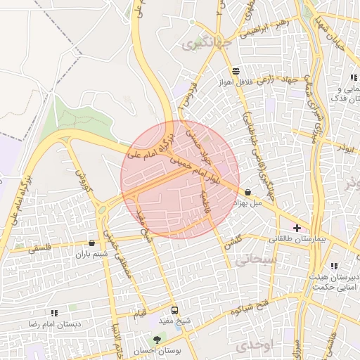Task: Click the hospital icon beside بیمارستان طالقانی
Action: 297,228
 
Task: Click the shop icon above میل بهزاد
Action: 248,192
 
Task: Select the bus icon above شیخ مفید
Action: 174,310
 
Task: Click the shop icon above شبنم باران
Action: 91,243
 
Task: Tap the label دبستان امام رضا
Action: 54,324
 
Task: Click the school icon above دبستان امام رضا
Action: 54,313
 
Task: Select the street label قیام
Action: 140,311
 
